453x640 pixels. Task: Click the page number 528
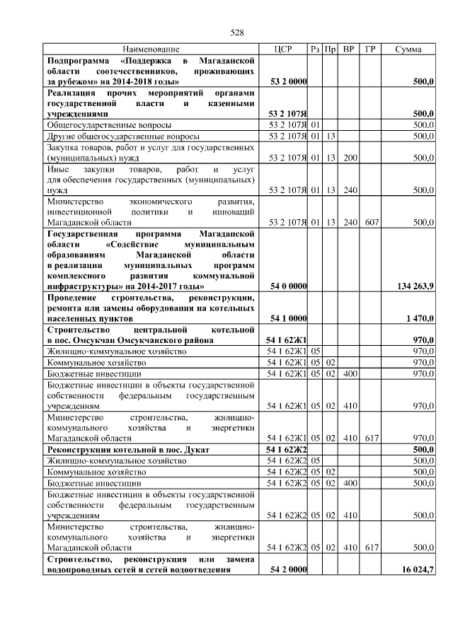pos(237,33)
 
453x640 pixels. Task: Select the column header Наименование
pos(151,50)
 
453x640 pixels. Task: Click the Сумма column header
pos(408,50)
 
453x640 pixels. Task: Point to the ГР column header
pos(369,50)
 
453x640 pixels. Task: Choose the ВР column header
pos(348,50)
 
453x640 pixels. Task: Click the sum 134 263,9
pos(412,286)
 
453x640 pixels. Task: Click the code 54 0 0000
pos(289,286)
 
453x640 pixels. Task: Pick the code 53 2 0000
pos(289,82)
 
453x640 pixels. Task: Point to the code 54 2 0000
pos(289,569)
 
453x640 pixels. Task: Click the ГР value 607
pos(369,221)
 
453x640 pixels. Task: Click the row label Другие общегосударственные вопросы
pos(122,136)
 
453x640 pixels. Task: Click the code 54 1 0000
pos(289,318)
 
